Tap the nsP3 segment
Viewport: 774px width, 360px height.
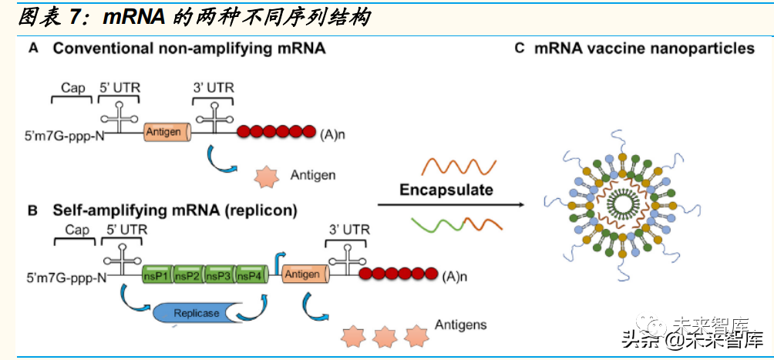coord(219,275)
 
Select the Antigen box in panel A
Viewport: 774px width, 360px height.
coord(164,132)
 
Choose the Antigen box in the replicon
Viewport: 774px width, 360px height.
coord(302,274)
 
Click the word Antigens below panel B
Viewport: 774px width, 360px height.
coord(460,325)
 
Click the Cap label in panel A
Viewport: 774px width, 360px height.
coord(73,88)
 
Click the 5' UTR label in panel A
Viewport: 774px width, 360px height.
coord(120,88)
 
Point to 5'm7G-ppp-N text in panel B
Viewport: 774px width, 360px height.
coord(65,276)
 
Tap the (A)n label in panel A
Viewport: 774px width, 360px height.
coord(332,133)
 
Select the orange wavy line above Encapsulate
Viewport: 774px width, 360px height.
coord(456,165)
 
